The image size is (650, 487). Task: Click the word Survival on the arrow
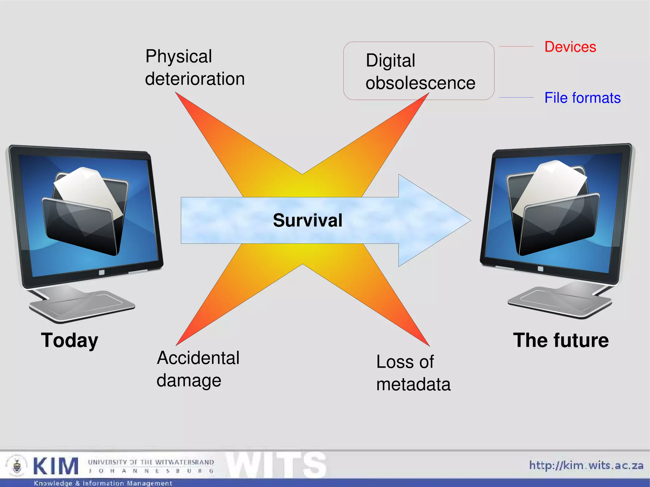coord(308,220)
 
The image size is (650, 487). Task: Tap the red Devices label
coord(570,47)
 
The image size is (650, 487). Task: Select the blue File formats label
coord(582,98)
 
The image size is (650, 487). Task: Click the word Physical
coord(179,56)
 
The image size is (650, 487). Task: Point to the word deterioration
coord(195,79)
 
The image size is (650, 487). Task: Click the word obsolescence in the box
coord(420,83)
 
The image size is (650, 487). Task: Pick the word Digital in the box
coord(390,61)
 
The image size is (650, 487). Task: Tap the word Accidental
coord(198,358)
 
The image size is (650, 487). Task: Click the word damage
coord(189,380)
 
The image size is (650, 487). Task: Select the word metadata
coord(413,384)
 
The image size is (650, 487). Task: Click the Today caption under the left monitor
coord(70,340)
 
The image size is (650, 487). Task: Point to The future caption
coord(561,340)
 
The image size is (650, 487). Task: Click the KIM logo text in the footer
coord(56,466)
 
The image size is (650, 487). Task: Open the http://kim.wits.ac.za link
coord(586,465)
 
